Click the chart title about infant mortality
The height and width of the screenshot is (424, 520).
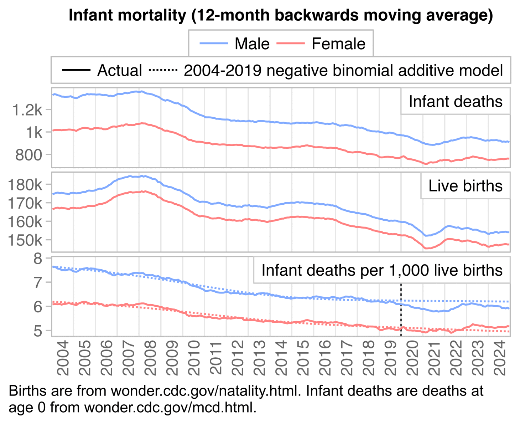click(x=281, y=15)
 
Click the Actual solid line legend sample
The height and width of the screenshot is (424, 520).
click(x=76, y=70)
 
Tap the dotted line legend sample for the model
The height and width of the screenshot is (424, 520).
click(x=163, y=70)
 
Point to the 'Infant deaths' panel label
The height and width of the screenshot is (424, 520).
click(x=455, y=102)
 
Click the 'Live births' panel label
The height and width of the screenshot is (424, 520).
click(x=465, y=186)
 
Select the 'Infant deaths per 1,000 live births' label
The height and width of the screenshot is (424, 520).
click(x=382, y=270)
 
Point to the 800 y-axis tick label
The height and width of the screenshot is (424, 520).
click(x=29, y=155)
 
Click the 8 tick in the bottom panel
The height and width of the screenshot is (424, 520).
click(x=38, y=259)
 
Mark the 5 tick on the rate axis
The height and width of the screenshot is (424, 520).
click(x=38, y=331)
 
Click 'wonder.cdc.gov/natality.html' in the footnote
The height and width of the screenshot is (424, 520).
click(x=204, y=391)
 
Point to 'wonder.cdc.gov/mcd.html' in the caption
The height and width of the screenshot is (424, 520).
click(x=170, y=407)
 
